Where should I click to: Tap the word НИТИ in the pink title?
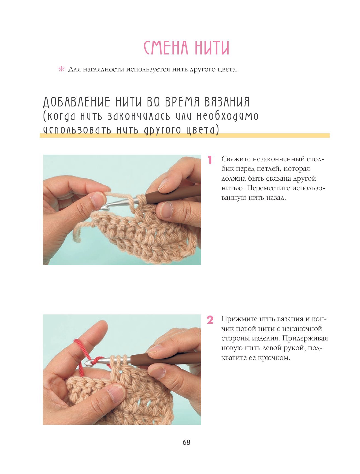[212, 48]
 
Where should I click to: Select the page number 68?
[186, 442]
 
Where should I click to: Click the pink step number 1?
[210, 160]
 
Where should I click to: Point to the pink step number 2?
[210, 320]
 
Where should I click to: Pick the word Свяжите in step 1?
[236, 159]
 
